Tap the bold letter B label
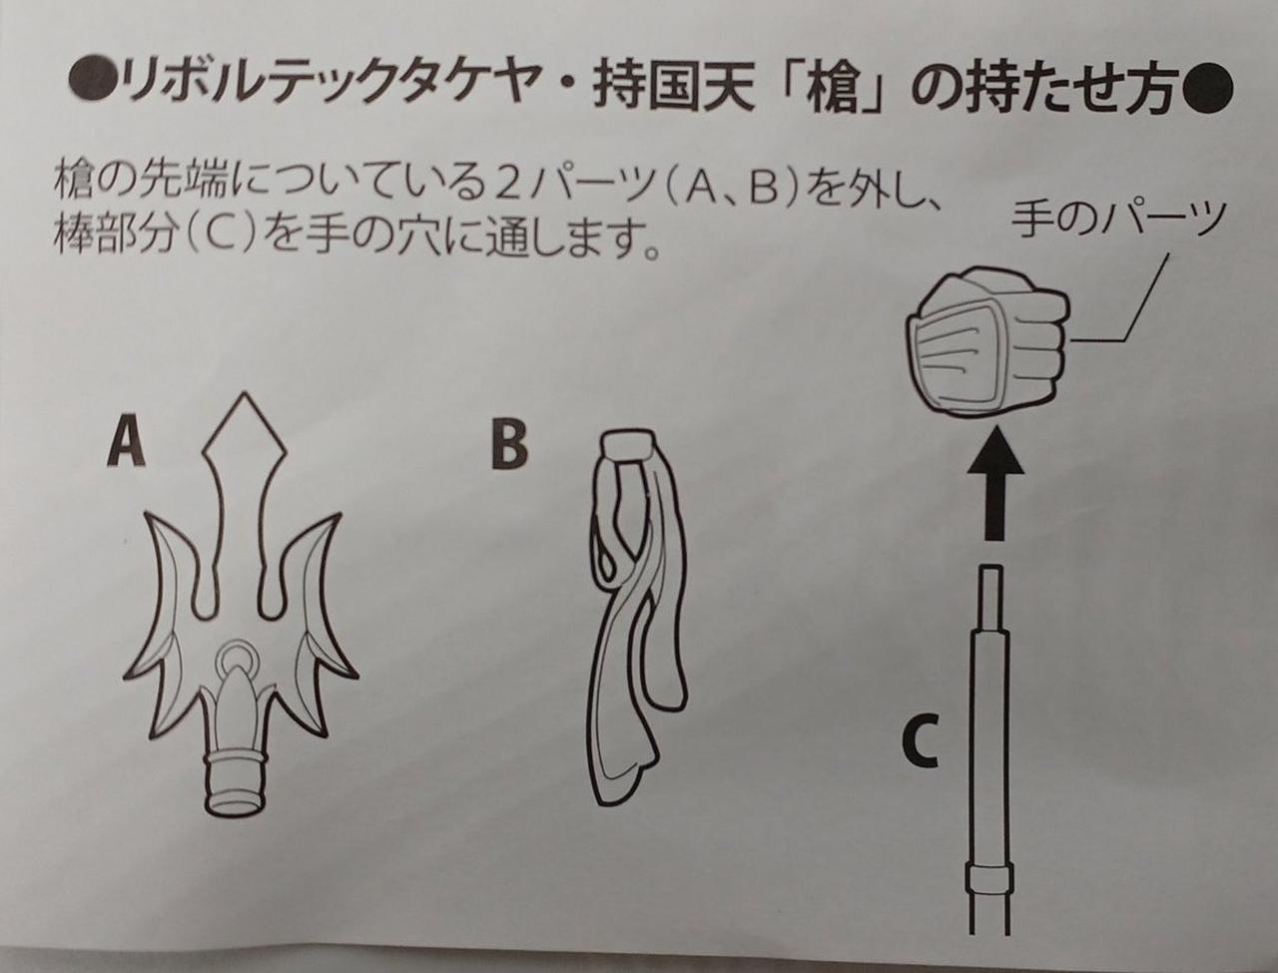tap(508, 446)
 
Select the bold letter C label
tap(920, 746)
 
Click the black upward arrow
tap(995, 482)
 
